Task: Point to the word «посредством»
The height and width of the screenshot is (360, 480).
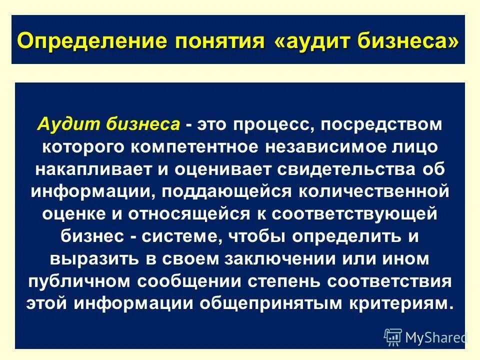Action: [x=381, y=124]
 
